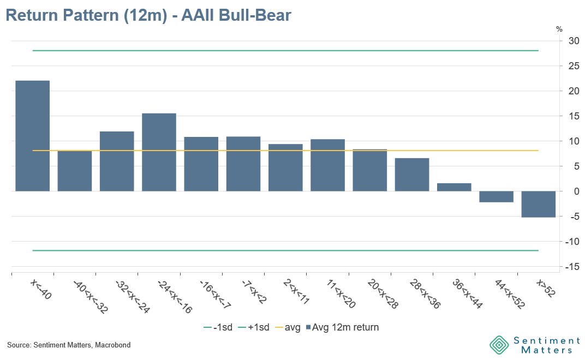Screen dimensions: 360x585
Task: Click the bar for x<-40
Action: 33,136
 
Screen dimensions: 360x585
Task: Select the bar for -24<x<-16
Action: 159,152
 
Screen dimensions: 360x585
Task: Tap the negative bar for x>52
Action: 539,204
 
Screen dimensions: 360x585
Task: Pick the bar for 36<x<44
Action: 454,187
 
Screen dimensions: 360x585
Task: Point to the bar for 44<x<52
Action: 497,196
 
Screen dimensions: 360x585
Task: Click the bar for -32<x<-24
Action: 117,161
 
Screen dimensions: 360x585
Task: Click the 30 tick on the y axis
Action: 574,41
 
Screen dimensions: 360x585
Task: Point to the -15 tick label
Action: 572,267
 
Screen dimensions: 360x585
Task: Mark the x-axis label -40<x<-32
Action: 91,297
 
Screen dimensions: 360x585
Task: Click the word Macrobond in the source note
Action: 112,345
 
